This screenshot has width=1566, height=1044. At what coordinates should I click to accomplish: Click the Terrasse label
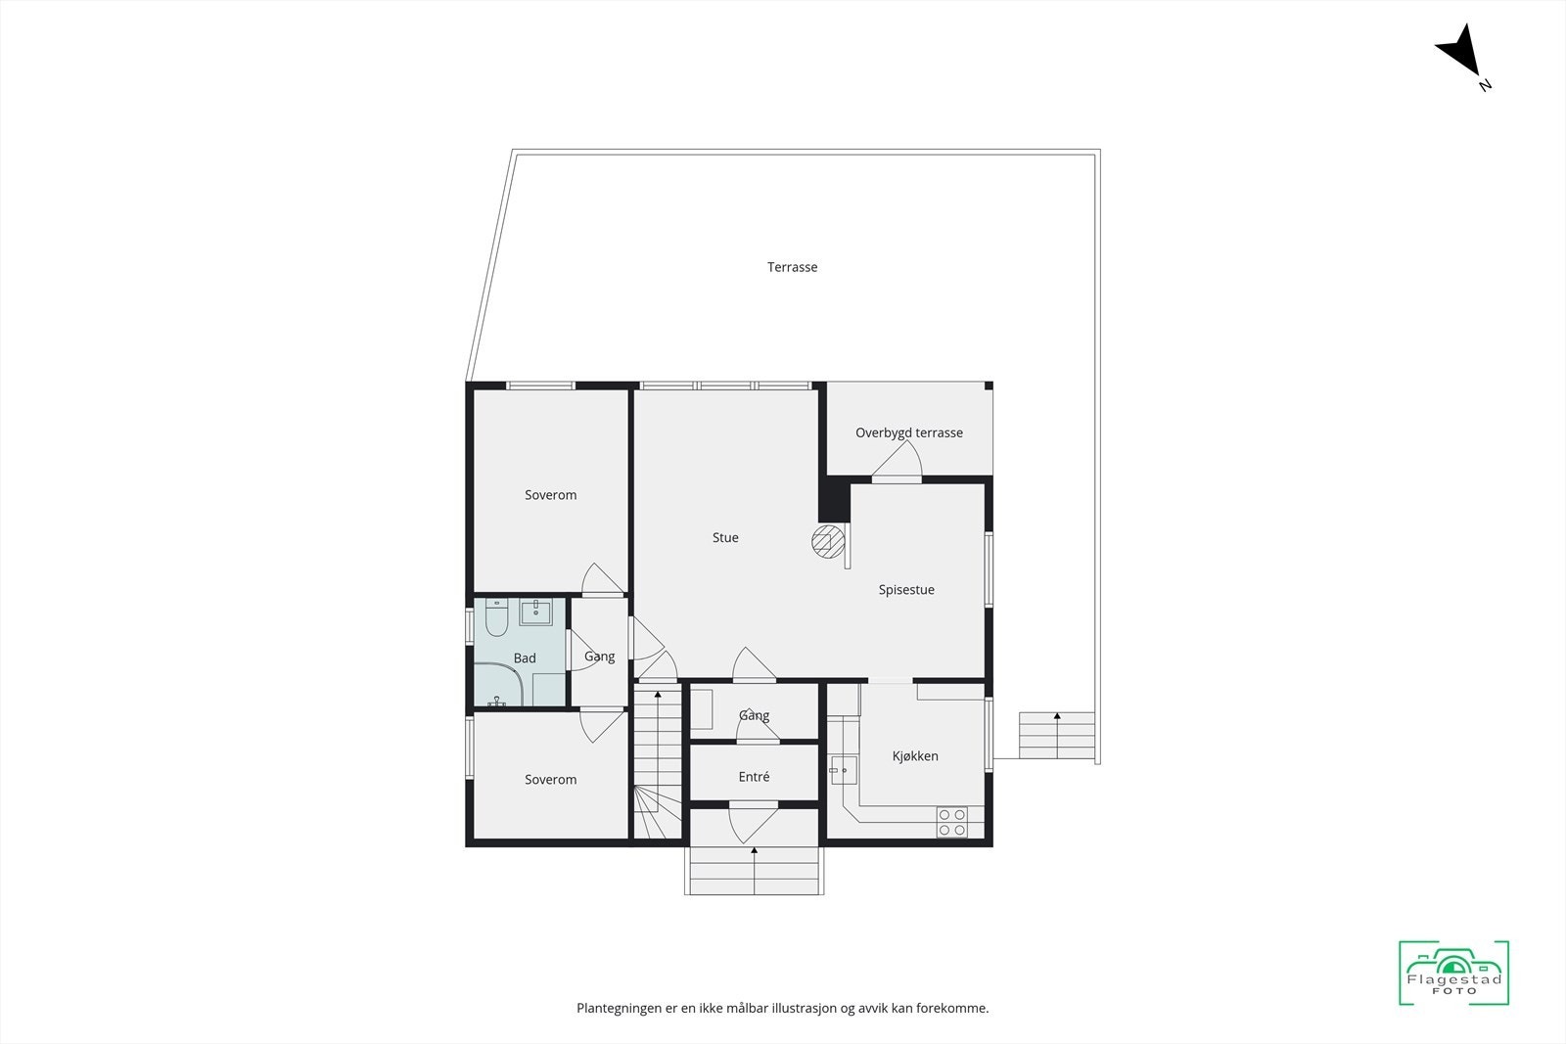click(x=792, y=267)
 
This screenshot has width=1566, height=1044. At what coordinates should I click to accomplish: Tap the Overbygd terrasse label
click(x=908, y=432)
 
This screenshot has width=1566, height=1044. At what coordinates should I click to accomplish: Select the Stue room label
click(x=725, y=537)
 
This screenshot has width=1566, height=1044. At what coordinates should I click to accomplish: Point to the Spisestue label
click(x=906, y=590)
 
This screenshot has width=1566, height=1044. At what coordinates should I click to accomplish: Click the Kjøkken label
click(x=915, y=756)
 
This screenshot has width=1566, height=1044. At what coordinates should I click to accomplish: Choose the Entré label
click(x=754, y=777)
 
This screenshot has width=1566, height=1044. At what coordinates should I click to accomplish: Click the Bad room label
click(x=525, y=658)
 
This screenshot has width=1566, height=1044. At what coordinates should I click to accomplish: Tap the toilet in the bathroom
click(x=496, y=616)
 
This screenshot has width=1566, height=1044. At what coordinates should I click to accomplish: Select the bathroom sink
click(x=535, y=613)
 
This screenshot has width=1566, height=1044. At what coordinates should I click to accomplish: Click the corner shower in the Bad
click(x=499, y=684)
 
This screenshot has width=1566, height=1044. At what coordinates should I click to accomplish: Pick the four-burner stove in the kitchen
click(x=952, y=822)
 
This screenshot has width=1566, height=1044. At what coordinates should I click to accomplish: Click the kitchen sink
click(x=842, y=771)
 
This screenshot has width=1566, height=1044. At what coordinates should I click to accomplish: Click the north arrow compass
click(x=1461, y=54)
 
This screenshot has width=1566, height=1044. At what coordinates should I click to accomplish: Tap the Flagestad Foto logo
click(x=1453, y=973)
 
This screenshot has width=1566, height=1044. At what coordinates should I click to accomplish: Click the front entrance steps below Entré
click(x=754, y=870)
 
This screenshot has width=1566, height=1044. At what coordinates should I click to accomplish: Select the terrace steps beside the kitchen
click(x=1056, y=735)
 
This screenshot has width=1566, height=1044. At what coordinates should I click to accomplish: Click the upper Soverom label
click(x=550, y=495)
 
